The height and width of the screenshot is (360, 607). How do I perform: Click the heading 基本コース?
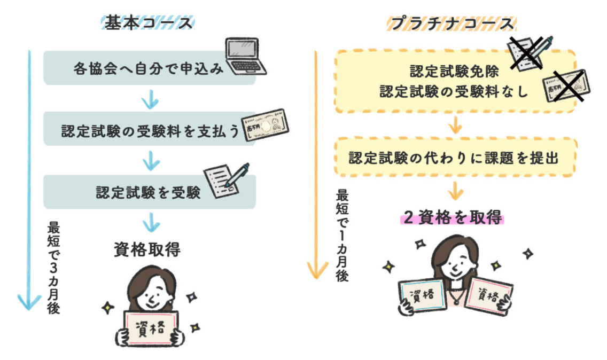tap(147, 24)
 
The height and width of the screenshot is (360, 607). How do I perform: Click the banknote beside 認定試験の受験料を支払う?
tap(265, 126)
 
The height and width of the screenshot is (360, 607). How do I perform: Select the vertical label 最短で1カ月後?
tap(342, 235)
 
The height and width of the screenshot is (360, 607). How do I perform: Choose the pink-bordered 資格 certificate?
tap(488, 296)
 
